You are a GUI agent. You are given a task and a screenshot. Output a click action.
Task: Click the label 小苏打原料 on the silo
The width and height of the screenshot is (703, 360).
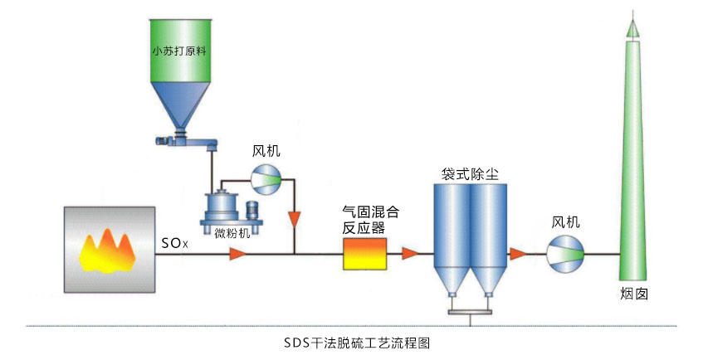178,50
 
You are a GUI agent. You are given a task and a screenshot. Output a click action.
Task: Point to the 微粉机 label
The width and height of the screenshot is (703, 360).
232,234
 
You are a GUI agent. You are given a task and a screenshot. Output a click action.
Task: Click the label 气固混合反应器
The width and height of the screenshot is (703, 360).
364,220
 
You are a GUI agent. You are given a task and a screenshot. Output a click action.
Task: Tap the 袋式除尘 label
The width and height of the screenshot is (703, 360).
470,173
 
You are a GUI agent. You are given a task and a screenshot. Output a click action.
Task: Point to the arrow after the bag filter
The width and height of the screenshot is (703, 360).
519,254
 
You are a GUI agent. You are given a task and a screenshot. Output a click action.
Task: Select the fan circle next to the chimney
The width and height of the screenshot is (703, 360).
566,253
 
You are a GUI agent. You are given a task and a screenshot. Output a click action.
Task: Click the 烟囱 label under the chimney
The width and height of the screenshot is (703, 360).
633,294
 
